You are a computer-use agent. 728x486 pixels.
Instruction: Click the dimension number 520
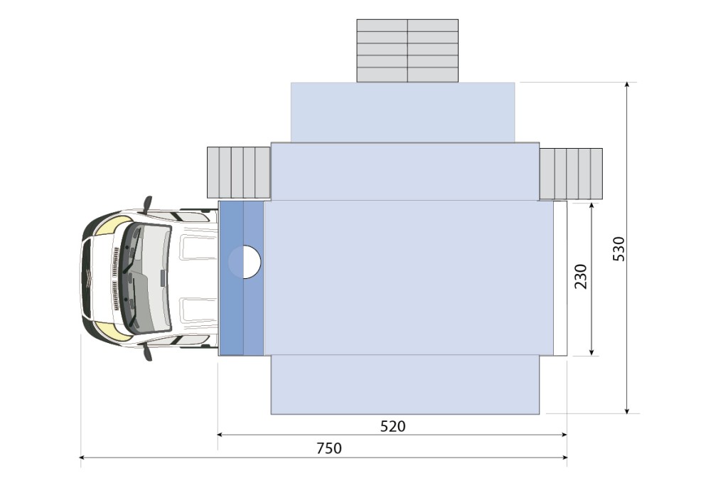click(x=392, y=426)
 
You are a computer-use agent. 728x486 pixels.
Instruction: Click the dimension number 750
click(x=329, y=448)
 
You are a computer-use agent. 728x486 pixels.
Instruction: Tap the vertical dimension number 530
click(x=619, y=248)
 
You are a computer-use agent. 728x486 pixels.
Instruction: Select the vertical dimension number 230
click(x=581, y=277)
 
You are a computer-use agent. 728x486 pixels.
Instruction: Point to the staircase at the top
click(x=407, y=51)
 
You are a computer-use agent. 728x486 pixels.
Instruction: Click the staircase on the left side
click(x=239, y=173)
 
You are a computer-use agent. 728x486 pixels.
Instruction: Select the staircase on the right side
click(x=571, y=174)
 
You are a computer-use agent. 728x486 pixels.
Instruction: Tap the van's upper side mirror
click(x=148, y=204)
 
